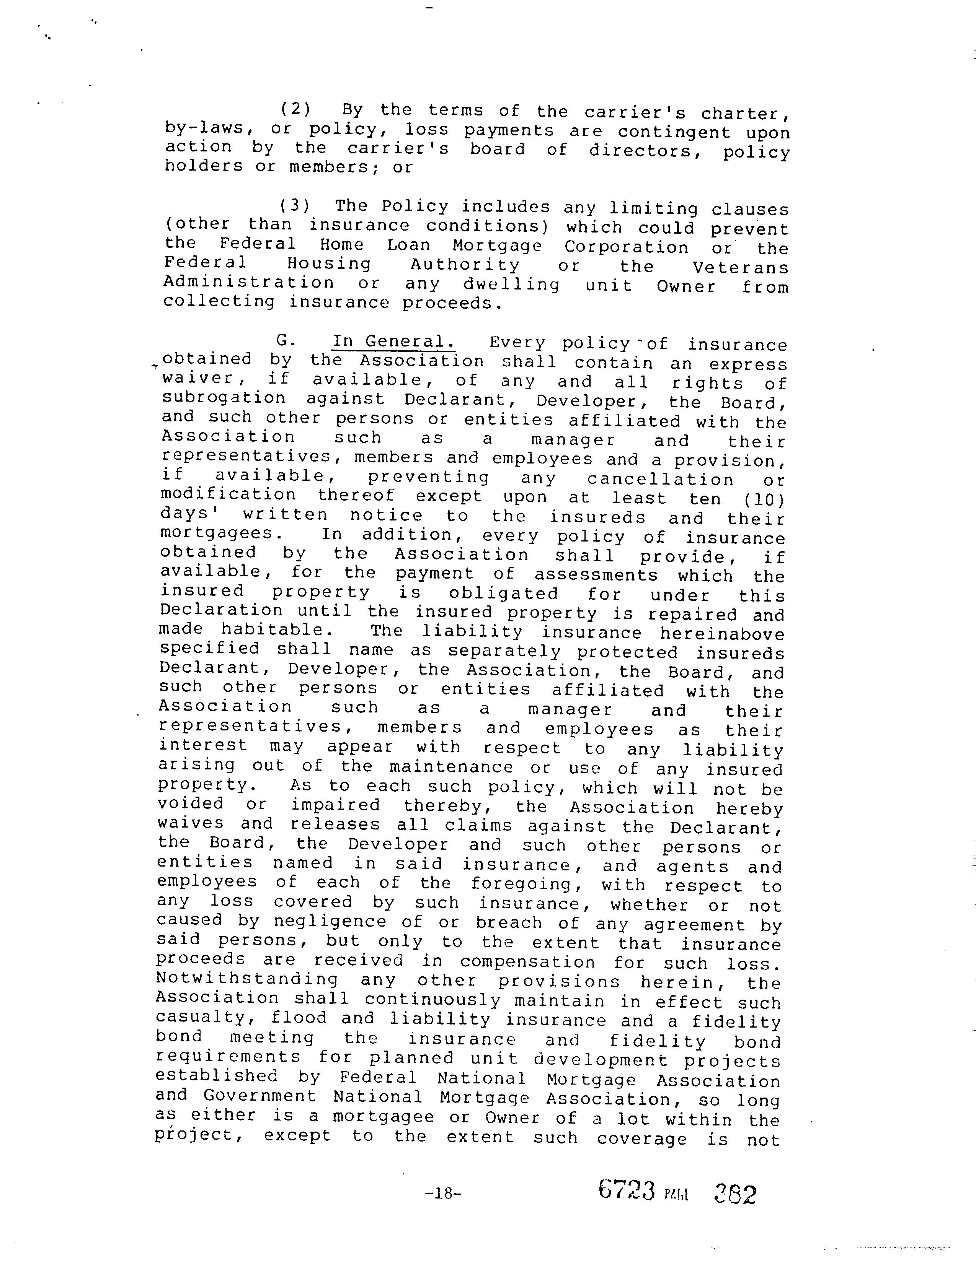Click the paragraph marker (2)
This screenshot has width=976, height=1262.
(295, 109)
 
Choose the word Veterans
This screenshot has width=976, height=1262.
(741, 268)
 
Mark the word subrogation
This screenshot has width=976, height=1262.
(224, 398)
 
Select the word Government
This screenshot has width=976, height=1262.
(260, 1096)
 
